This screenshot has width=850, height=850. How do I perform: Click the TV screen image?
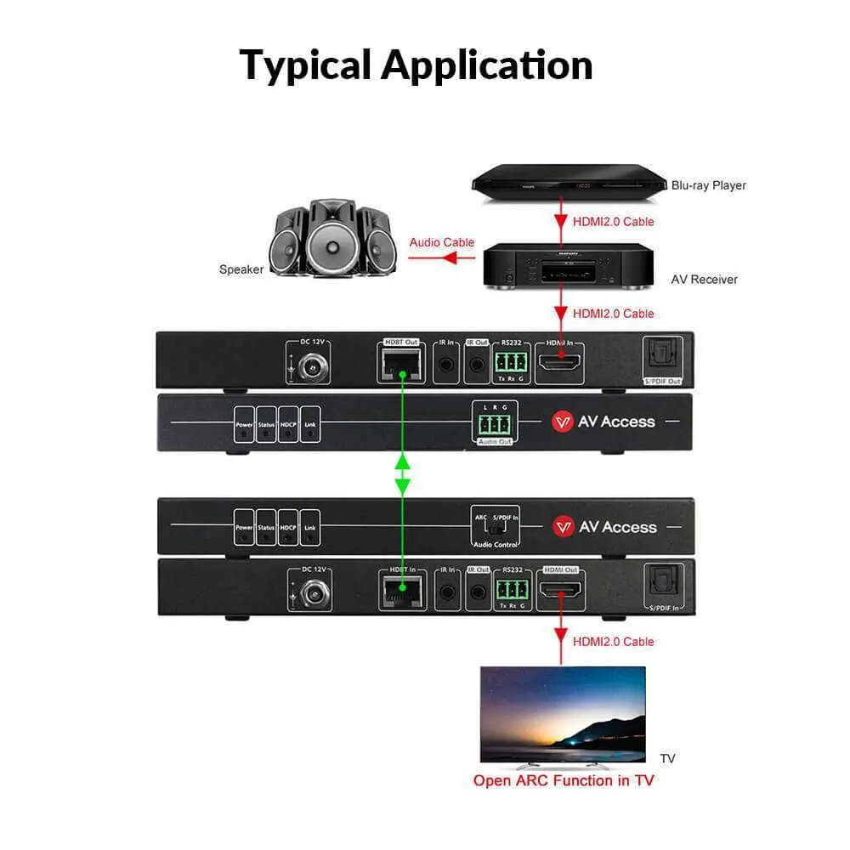[563, 713]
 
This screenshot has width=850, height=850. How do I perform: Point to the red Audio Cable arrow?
[441, 257]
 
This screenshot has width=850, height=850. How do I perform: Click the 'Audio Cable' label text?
[442, 242]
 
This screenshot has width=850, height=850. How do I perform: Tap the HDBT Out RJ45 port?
[401, 365]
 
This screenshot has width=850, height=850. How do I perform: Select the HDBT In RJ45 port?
[401, 589]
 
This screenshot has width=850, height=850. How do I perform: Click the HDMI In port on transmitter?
[560, 365]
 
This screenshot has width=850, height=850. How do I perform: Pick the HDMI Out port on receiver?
[560, 590]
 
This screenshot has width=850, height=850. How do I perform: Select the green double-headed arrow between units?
[403, 474]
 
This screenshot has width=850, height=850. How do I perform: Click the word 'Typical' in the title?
[306, 65]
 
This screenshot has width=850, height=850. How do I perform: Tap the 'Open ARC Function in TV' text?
[564, 779]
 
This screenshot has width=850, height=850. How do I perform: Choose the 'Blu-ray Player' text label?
[708, 185]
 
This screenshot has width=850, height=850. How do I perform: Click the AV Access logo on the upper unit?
[604, 422]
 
